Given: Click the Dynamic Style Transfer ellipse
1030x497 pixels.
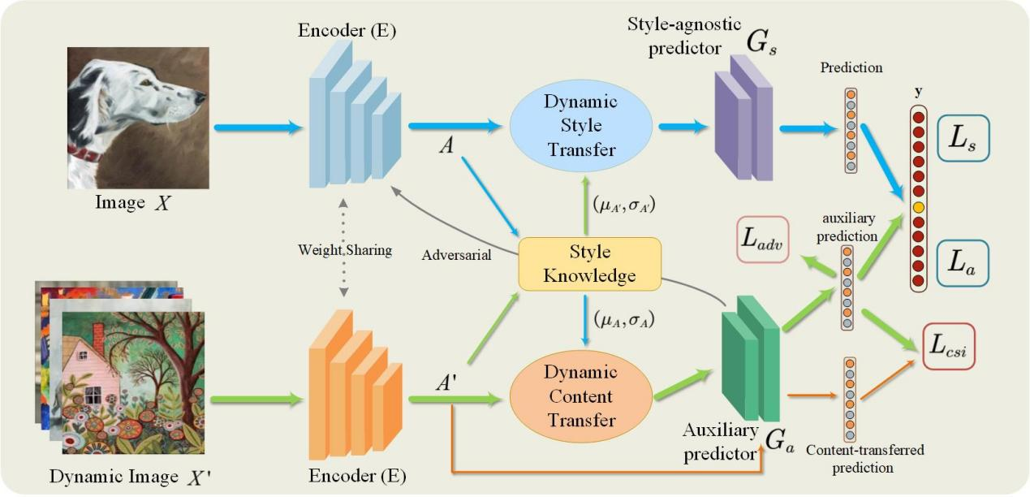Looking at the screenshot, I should click(580, 126).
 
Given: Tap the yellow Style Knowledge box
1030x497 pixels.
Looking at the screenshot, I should click(589, 263).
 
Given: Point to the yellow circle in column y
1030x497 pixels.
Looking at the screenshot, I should click(918, 208).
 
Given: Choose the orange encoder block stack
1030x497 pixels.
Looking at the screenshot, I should click(355, 378).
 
